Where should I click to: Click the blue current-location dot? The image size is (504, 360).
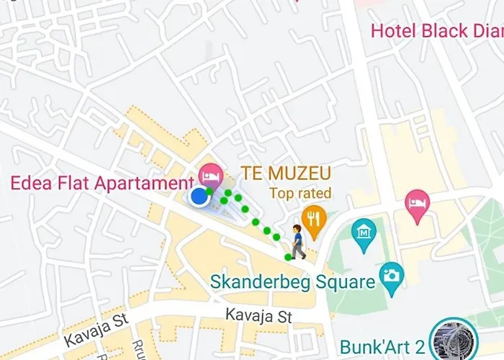coord(199,197)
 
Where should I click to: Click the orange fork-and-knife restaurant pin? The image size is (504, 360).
coord(312,217)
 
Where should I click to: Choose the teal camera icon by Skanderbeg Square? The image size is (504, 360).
coord(392,275)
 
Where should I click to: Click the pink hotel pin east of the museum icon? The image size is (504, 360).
coord(418,201)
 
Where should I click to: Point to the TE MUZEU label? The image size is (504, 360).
coord(286,174)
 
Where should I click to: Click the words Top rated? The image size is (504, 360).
coord(300,193)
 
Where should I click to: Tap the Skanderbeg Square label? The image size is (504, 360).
coord(293,282)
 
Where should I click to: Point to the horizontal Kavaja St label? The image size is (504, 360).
coord(257,315)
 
